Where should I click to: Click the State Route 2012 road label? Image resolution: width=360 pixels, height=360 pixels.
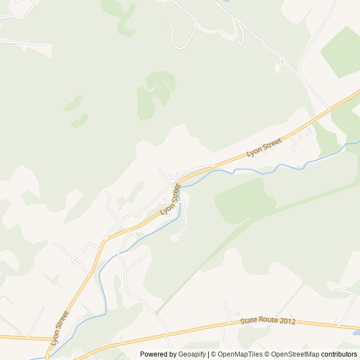click(268, 321)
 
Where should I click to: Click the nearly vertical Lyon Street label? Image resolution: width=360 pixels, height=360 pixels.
click(59, 328)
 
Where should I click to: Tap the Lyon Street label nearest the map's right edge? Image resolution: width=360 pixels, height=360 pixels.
click(264, 147)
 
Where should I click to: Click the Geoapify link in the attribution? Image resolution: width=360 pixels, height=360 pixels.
click(192, 354)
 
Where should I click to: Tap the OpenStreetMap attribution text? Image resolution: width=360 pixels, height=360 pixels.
click(295, 354)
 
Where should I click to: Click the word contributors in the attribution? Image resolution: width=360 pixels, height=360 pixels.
click(339, 354)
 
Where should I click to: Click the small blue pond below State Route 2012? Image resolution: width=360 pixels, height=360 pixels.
click(356, 333)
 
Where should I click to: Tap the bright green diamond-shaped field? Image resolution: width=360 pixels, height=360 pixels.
click(341, 52)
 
